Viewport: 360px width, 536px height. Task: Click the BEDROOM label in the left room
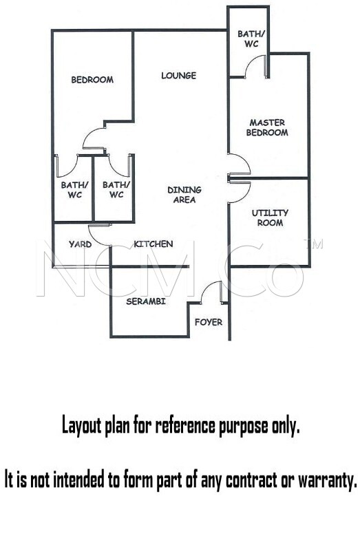[x=92, y=80]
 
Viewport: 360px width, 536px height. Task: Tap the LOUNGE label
[x=179, y=75]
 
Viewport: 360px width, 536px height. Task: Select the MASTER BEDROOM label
[x=267, y=127]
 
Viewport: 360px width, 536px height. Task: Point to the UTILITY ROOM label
[x=270, y=217]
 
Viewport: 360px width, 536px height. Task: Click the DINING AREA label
[x=184, y=195]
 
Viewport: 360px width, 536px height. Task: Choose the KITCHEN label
[x=153, y=244]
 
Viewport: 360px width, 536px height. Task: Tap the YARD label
[x=81, y=244]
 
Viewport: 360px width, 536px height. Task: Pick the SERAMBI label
[x=146, y=301]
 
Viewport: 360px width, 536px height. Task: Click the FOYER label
[x=209, y=322]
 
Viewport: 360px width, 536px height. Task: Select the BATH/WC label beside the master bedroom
[x=251, y=39]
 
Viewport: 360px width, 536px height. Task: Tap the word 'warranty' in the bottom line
[x=327, y=480]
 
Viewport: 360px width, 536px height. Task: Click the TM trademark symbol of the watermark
[x=313, y=244]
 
